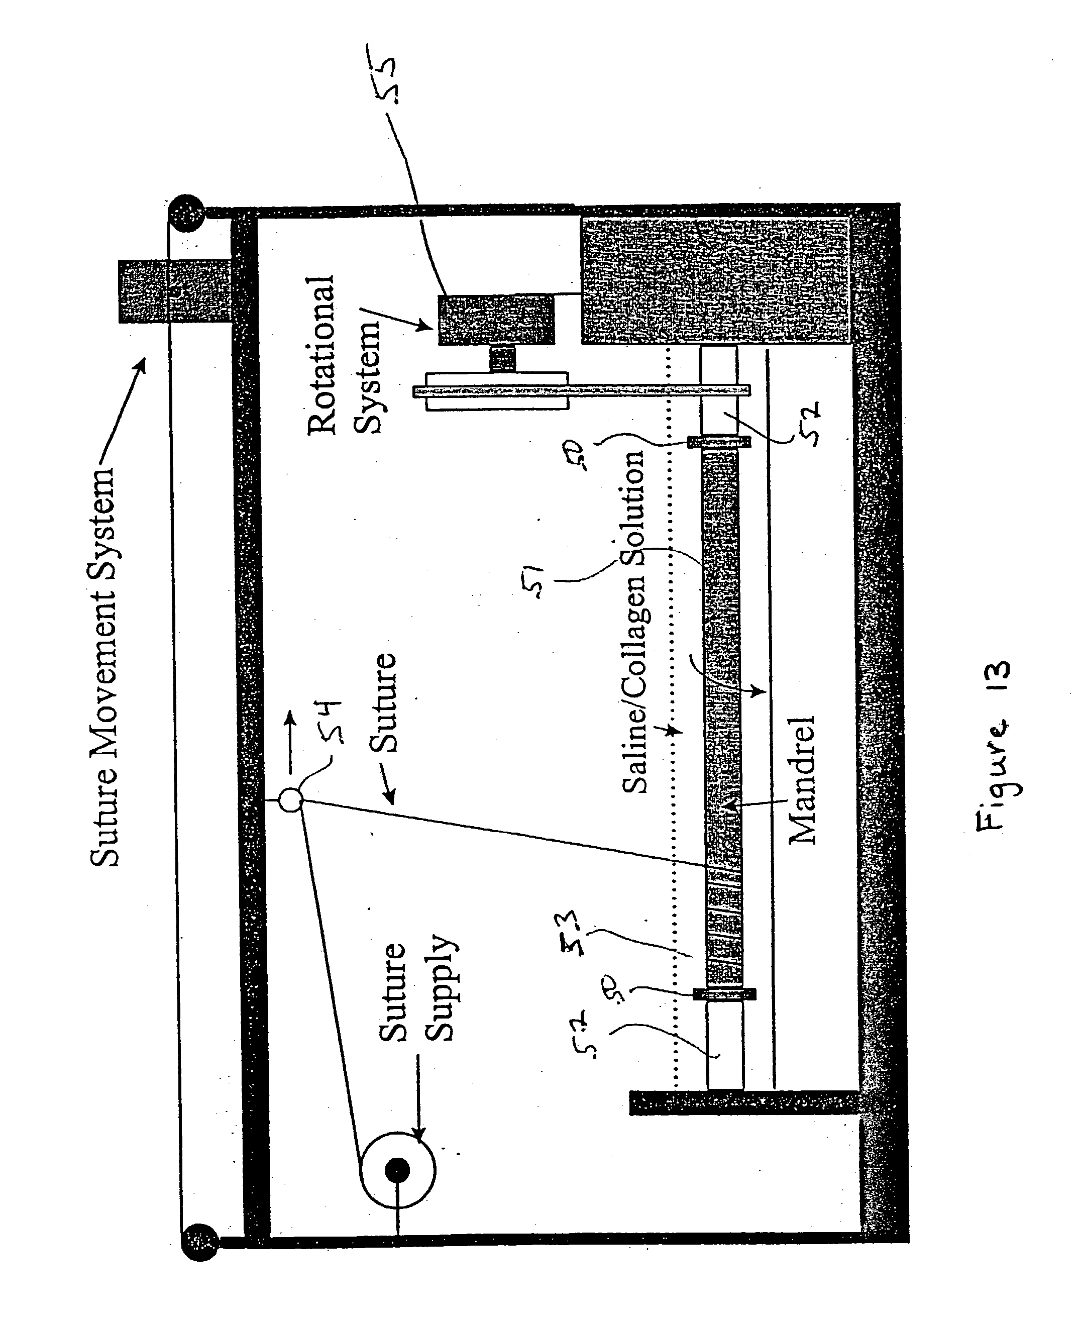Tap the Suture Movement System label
pyautogui.click(x=103, y=667)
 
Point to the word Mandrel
pyautogui.click(x=802, y=780)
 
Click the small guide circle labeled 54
pyautogui.click(x=290, y=799)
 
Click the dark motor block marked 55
pyautogui.click(x=496, y=320)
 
